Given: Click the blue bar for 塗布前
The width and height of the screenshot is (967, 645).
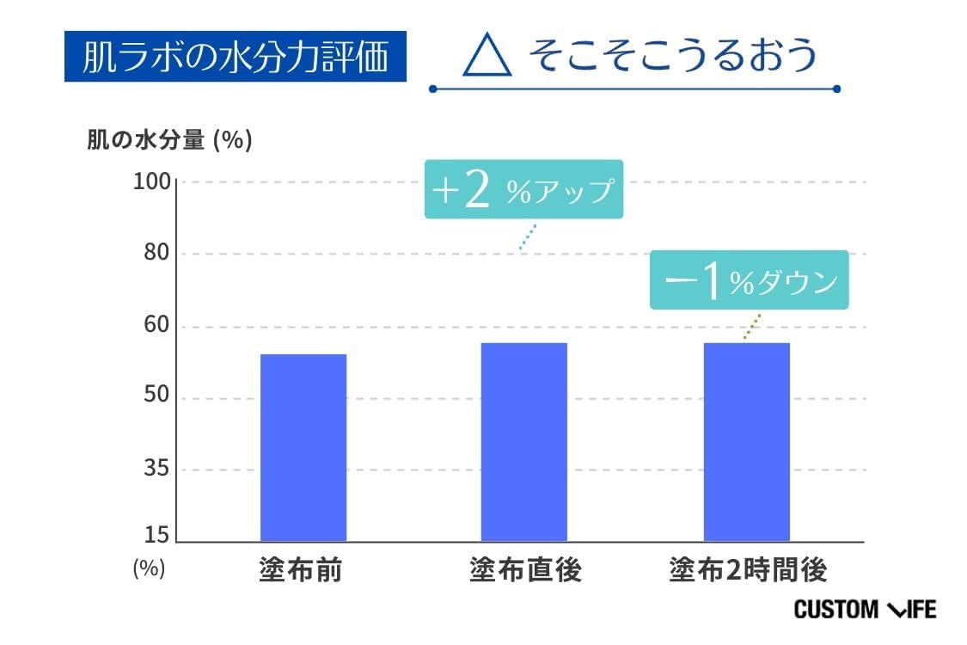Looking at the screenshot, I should point(303,447).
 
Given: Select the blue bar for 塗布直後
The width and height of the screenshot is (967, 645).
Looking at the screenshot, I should point(523,442).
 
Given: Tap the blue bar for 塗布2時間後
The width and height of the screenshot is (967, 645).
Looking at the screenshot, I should point(746,442).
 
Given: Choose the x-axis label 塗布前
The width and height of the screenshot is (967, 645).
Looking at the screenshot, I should point(300,570).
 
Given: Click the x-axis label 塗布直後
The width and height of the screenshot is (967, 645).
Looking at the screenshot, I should point(524,570).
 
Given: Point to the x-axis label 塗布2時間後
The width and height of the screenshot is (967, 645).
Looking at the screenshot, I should point(748,570).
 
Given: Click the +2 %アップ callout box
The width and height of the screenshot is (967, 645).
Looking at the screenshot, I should point(523,189).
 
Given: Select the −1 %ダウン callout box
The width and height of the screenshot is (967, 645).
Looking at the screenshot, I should point(749,279).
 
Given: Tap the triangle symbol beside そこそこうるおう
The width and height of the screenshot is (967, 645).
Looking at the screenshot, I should point(487,57).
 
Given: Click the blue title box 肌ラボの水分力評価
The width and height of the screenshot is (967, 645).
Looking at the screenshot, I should point(235,58).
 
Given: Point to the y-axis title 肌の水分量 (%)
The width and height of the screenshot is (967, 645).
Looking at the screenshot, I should point(169,140).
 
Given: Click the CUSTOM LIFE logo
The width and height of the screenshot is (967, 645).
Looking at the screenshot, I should point(864,610).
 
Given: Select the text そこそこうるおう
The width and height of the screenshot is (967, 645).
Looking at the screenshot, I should point(670,56).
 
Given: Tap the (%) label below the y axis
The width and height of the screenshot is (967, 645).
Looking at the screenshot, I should point(149,568).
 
